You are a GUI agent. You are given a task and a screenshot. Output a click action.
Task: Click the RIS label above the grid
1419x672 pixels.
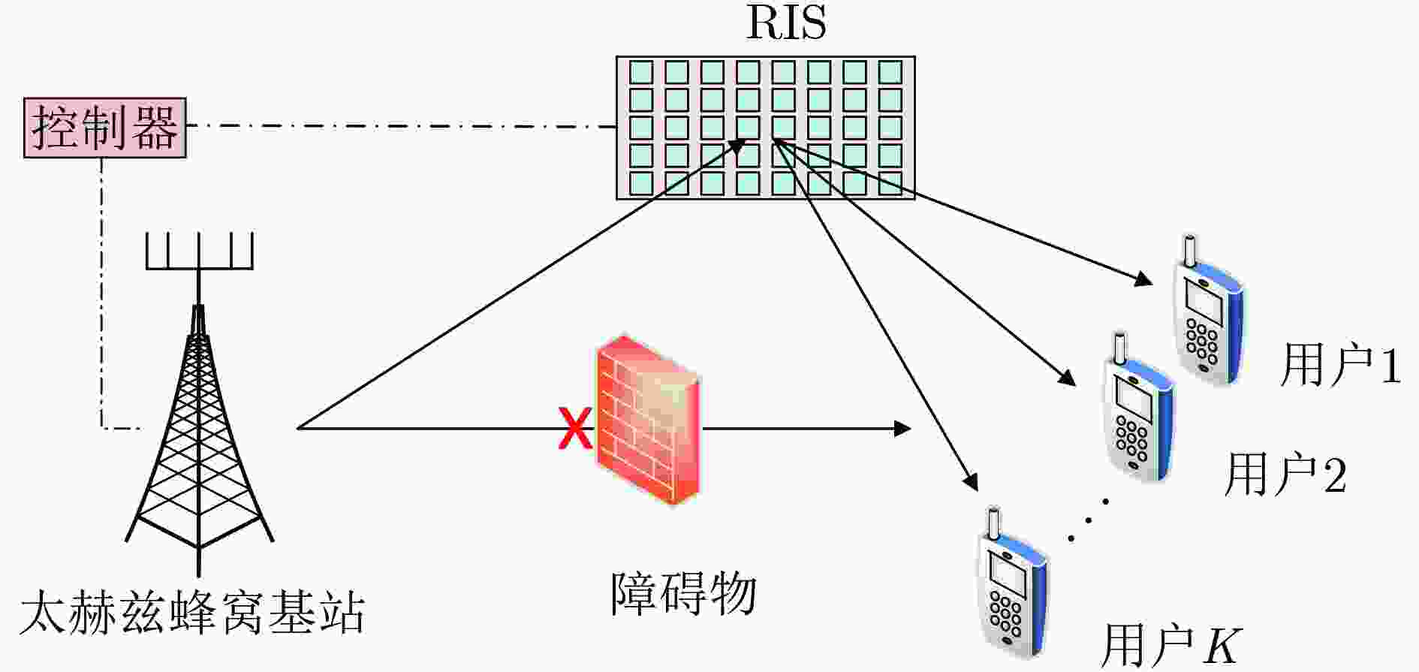click(786, 23)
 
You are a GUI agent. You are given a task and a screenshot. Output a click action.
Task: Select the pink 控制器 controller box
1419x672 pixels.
click(104, 128)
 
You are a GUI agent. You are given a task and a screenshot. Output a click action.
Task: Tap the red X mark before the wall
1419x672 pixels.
click(575, 428)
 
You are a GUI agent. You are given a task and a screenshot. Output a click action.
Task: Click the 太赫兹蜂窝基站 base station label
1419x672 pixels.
click(192, 613)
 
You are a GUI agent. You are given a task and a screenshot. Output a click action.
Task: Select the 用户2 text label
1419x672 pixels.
click(1285, 475)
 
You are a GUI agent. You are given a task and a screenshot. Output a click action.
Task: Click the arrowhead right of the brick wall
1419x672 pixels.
click(902, 429)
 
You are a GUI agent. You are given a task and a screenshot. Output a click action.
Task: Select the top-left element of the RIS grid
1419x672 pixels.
click(640, 72)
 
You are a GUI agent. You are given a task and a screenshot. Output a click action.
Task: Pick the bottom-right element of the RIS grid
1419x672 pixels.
click(890, 183)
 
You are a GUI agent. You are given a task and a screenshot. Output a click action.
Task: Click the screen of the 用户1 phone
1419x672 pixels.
click(1204, 304)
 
